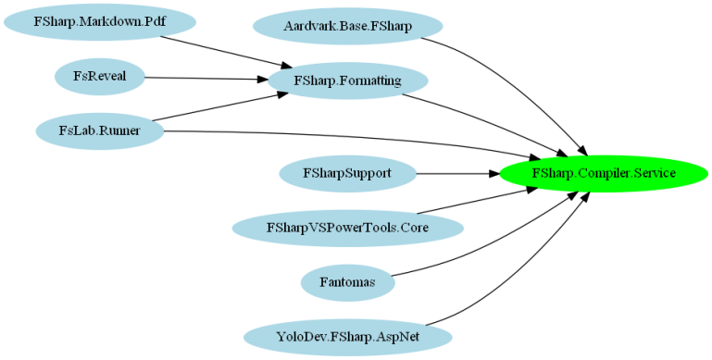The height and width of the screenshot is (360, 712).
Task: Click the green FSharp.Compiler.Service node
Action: pyautogui.click(x=604, y=173)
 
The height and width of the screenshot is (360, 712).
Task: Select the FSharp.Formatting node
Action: pyautogui.click(x=347, y=81)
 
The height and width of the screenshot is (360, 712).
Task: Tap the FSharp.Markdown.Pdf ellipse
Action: pyautogui.click(x=99, y=21)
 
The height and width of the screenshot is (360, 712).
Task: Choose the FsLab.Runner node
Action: pyautogui.click(x=99, y=130)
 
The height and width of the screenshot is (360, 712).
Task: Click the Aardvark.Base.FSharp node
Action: pyautogui.click(x=347, y=26)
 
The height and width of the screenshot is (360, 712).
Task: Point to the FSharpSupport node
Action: pyautogui.click(x=347, y=173)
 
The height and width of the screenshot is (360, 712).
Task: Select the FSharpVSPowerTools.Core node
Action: pyautogui.click(x=347, y=227)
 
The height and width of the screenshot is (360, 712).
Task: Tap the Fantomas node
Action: pyautogui.click(x=347, y=281)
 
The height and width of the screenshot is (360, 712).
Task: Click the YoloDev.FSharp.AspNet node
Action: pyautogui.click(x=347, y=336)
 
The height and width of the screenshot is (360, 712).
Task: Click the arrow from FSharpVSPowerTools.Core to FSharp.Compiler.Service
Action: pyautogui.click(x=472, y=202)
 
